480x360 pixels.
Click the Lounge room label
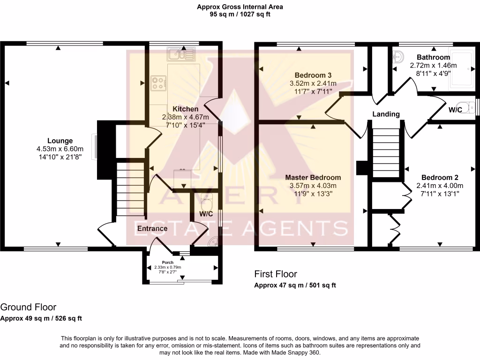click(60, 141)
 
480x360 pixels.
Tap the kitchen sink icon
click(180, 54)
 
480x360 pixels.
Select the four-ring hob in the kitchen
click(158, 83)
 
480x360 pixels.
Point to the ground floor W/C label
click(207, 214)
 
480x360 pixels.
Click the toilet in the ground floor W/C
click(206, 201)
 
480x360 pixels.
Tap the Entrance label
click(152, 229)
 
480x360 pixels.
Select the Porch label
click(168, 262)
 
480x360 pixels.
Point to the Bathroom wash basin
click(398, 57)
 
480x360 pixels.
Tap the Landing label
click(386, 114)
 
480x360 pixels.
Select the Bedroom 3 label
click(313, 75)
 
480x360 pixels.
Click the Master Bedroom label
click(313, 178)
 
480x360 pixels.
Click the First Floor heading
click(276, 274)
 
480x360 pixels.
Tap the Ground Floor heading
click(28, 307)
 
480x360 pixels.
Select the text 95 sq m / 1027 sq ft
click(240, 15)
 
